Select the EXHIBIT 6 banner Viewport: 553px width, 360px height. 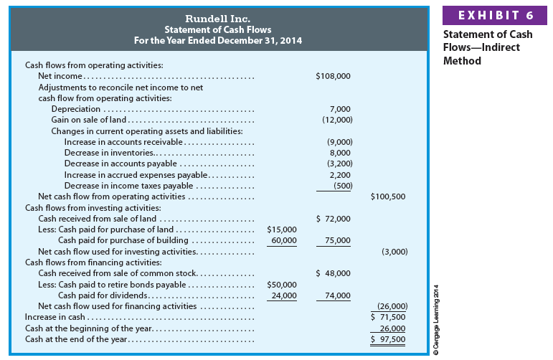[x=496, y=15]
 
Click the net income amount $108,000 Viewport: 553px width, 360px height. [x=333, y=75]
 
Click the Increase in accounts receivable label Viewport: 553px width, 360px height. [x=115, y=142]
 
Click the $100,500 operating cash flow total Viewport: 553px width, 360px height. [x=388, y=196]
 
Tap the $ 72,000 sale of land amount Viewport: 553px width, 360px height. [x=333, y=219]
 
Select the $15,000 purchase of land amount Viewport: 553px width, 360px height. [x=282, y=229]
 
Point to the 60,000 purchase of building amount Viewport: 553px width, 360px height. [x=283, y=240]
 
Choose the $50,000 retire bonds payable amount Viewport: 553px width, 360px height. [x=282, y=284]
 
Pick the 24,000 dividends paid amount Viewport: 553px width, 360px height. [x=283, y=295]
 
